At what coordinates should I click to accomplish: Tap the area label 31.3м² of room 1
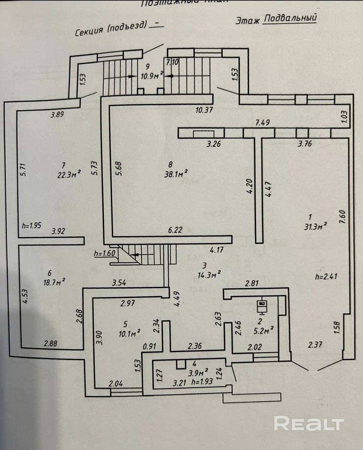click(x=315, y=227)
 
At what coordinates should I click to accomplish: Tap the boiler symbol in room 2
click(x=263, y=305)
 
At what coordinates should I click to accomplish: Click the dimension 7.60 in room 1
click(x=343, y=216)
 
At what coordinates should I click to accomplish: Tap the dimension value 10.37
click(x=204, y=110)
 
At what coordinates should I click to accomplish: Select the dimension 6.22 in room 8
click(x=176, y=230)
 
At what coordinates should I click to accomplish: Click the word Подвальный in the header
click(x=290, y=18)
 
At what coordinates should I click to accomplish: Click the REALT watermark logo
click(x=309, y=423)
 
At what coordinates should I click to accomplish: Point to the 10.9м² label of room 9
click(x=152, y=76)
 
